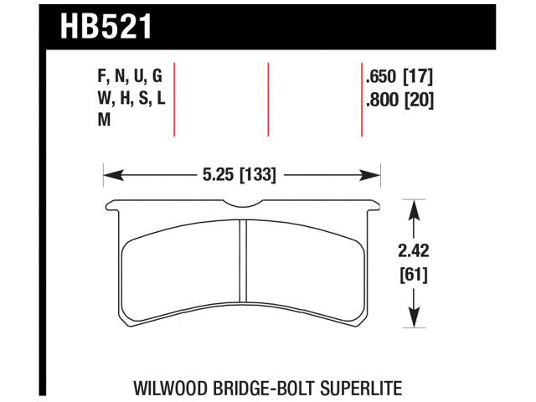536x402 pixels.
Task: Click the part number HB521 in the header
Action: click(106, 26)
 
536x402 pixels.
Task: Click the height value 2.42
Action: click(413, 250)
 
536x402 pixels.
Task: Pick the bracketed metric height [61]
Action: click(413, 273)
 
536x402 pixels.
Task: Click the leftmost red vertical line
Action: click(174, 99)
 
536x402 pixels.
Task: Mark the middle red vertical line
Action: click(268, 99)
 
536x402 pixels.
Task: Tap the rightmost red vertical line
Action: click(361, 99)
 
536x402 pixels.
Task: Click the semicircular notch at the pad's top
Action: click(242, 206)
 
